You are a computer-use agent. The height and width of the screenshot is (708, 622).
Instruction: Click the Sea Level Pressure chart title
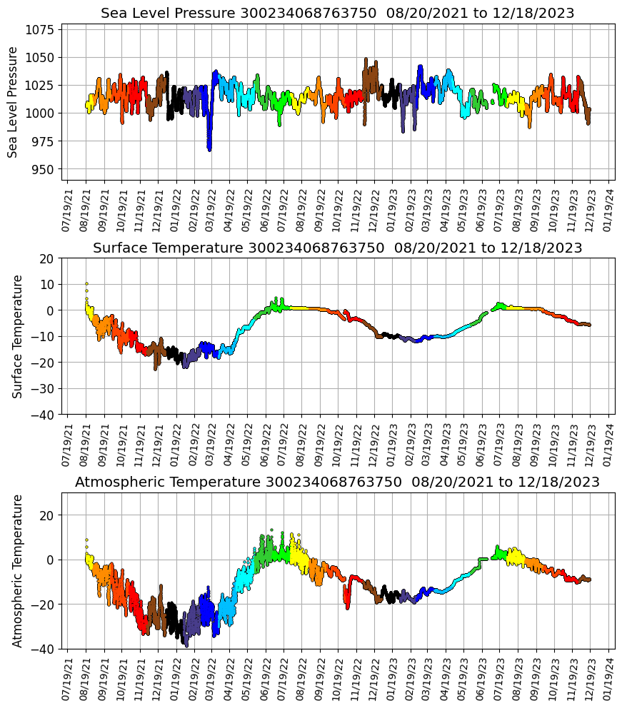[x=337, y=14]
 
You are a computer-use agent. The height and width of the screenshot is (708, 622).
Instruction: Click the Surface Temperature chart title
[x=337, y=248]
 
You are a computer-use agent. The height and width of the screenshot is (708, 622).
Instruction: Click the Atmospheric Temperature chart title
[x=337, y=482]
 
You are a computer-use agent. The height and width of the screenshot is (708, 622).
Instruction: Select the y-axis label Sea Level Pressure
[x=13, y=102]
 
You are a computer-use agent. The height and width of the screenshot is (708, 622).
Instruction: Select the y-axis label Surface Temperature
[x=19, y=336]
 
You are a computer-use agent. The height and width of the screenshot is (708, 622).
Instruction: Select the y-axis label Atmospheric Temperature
[x=17, y=570]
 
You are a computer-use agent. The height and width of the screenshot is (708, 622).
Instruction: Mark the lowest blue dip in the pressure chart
[x=209, y=149]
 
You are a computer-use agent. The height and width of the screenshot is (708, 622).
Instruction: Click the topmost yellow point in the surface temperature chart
[x=86, y=284]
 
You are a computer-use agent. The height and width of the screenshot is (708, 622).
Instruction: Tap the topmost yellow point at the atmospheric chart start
[x=86, y=540]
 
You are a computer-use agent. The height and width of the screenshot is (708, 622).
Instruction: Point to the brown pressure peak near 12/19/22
[x=366, y=59]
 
